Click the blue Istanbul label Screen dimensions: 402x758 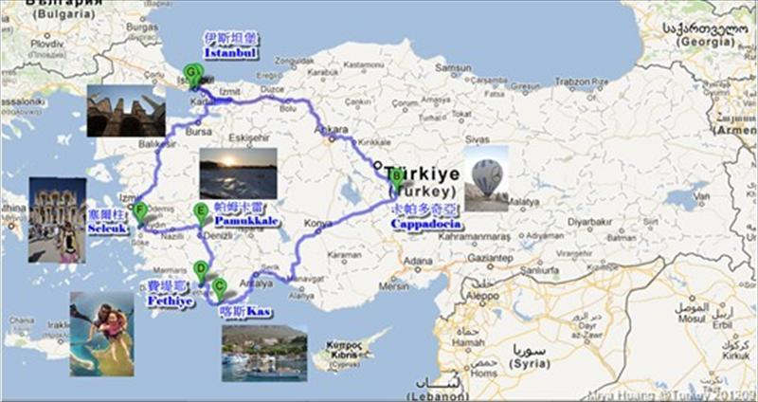click(230, 54)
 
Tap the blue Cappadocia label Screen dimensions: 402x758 click(426, 225)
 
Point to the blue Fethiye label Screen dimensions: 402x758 click(171, 301)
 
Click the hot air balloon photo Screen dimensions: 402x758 click(486, 177)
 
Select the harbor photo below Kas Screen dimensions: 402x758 click(264, 353)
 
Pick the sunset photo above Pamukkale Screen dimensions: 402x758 click(238, 173)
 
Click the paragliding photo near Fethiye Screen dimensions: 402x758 click(101, 333)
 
